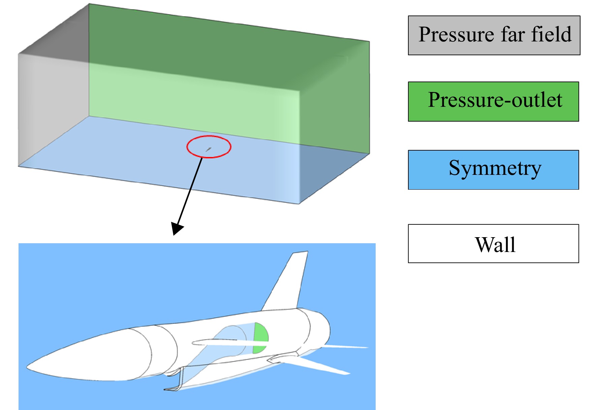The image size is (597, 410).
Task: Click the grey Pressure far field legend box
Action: point(494,35)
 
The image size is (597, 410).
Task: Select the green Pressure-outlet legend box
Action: point(493,101)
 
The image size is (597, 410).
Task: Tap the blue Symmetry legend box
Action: point(493,170)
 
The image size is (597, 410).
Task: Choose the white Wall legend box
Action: point(493,243)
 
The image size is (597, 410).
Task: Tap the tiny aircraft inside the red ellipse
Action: point(209,149)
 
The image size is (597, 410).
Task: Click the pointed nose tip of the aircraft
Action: point(27,367)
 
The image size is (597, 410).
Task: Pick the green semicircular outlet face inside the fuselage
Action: point(260,338)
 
